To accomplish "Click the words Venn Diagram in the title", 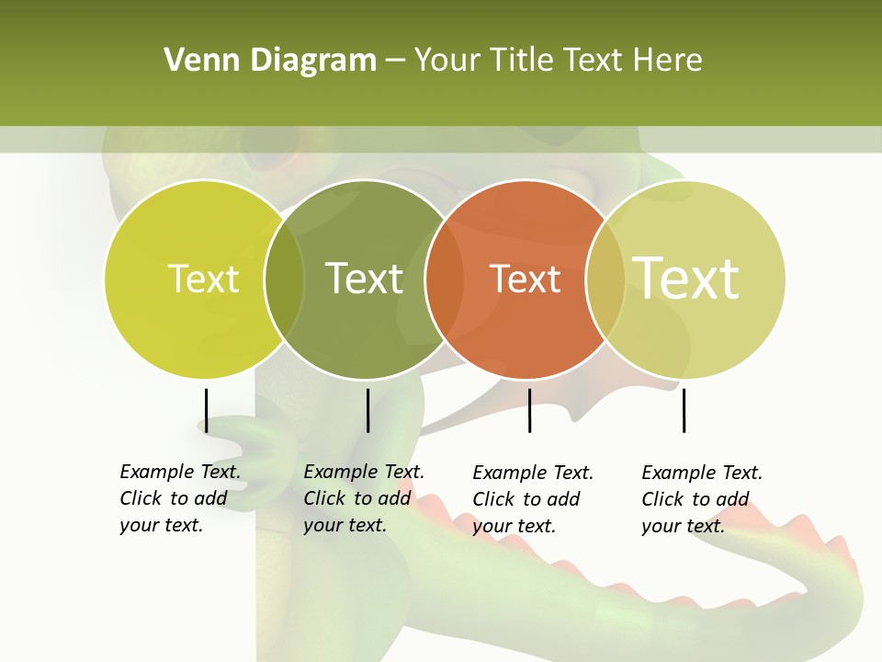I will (270, 61).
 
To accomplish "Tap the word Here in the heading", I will (668, 61).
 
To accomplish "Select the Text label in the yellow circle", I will (203, 279).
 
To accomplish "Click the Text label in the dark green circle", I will (365, 279).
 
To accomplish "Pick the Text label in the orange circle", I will (526, 279).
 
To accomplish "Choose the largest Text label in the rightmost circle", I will (686, 278).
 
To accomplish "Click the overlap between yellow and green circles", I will (285, 279).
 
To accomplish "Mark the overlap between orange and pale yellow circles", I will (605, 279).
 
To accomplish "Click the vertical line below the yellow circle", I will (206, 410).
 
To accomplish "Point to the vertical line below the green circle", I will (367, 410).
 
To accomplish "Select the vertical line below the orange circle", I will (529, 410).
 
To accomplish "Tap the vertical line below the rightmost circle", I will (684, 410).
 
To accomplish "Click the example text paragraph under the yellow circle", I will (180, 498).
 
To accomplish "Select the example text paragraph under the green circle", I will (364, 498).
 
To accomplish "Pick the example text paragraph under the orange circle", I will (533, 499).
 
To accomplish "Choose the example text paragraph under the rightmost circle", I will (702, 499).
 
